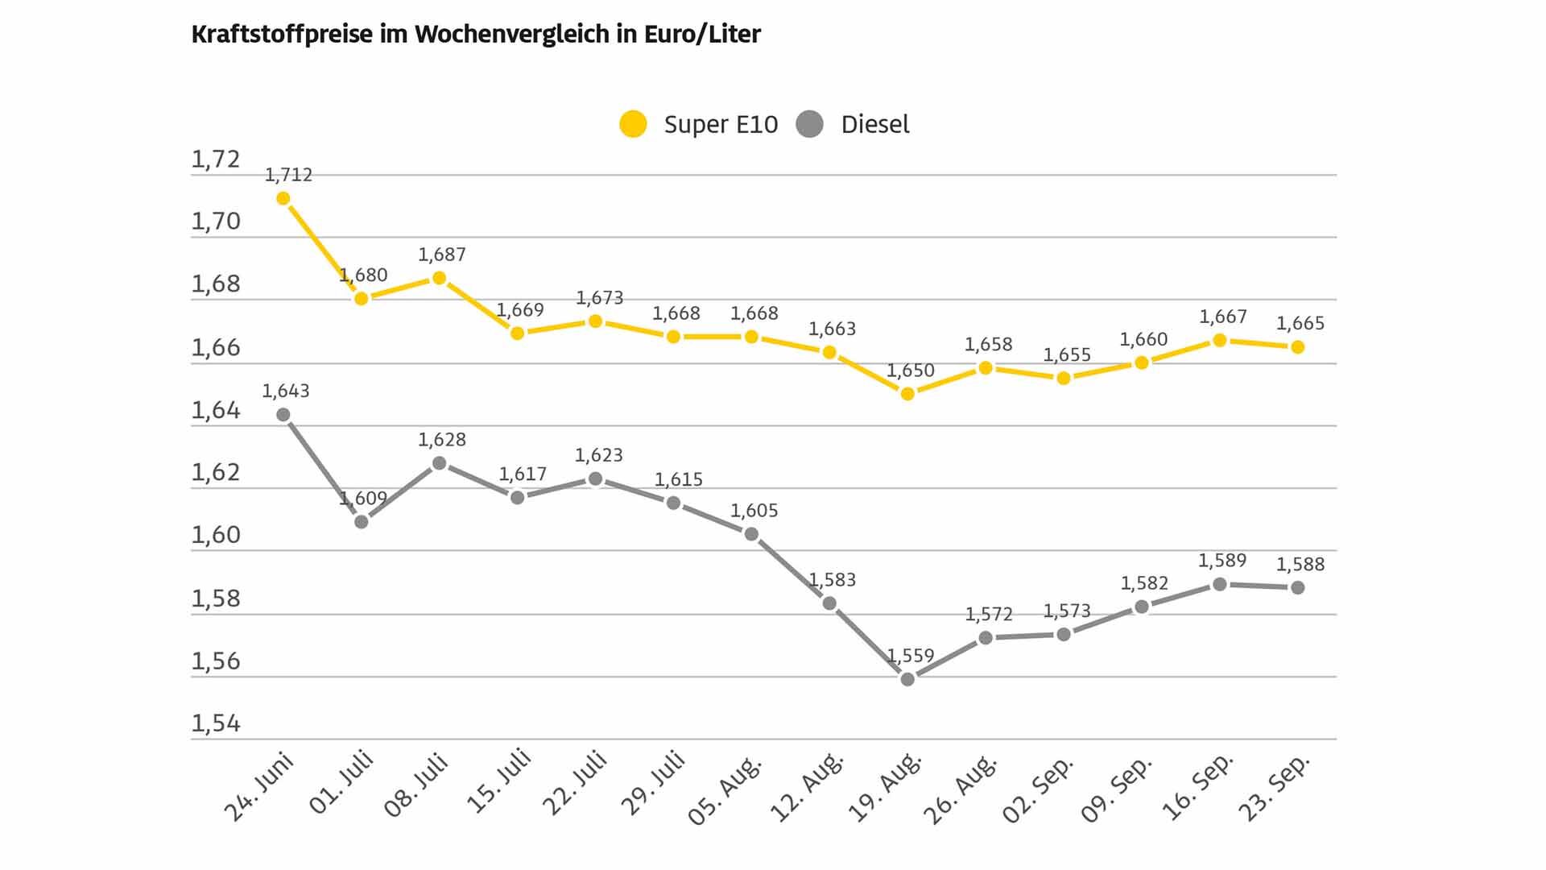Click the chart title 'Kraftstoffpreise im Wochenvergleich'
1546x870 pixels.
(x=399, y=35)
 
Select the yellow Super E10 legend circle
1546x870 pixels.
(x=633, y=124)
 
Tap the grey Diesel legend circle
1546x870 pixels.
(x=809, y=124)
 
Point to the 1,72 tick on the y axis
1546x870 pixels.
(x=216, y=159)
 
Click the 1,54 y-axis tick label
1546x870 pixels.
(x=216, y=724)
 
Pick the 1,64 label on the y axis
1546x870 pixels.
(x=216, y=411)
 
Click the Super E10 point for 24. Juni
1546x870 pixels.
(x=283, y=198)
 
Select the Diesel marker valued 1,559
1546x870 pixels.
(x=907, y=679)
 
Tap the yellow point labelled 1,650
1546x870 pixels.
(x=907, y=394)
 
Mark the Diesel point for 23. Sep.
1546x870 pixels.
(x=1298, y=588)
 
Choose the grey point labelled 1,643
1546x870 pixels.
(x=283, y=415)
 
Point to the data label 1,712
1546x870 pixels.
(x=288, y=175)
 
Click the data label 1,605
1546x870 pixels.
(x=754, y=511)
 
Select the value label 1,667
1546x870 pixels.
(x=1223, y=317)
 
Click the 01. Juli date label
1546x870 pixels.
(x=341, y=782)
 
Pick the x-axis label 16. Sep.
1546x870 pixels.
(x=1198, y=788)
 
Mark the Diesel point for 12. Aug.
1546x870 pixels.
(x=829, y=603)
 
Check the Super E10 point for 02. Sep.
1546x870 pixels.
(x=1064, y=378)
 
